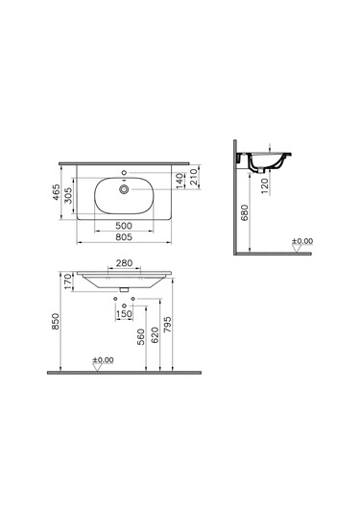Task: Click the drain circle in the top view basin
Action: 123,190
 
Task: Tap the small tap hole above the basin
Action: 123,175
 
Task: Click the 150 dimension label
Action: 124,314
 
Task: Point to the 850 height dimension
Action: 57,327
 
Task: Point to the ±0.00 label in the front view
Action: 102,359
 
